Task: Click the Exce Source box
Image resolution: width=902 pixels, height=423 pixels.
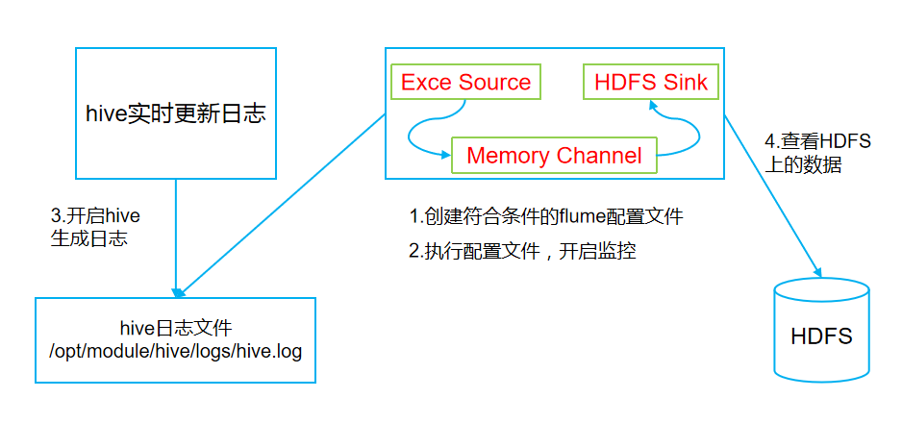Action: [465, 83]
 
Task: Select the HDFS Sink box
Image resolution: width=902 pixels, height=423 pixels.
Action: [651, 83]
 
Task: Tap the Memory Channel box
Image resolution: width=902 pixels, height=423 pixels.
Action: [554, 156]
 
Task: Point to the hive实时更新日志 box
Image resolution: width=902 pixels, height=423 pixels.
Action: [175, 113]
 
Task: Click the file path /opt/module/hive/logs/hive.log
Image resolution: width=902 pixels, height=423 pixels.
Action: [175, 351]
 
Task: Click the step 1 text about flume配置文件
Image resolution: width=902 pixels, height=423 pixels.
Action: [545, 215]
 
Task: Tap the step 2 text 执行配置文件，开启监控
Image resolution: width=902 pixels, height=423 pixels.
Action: [522, 252]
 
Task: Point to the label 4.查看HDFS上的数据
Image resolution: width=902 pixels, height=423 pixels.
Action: [816, 153]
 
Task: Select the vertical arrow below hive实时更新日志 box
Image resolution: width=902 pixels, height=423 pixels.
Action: [176, 236]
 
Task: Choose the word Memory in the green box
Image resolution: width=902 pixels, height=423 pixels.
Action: [508, 156]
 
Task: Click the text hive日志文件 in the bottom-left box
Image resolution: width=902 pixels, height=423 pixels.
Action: [175, 328]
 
